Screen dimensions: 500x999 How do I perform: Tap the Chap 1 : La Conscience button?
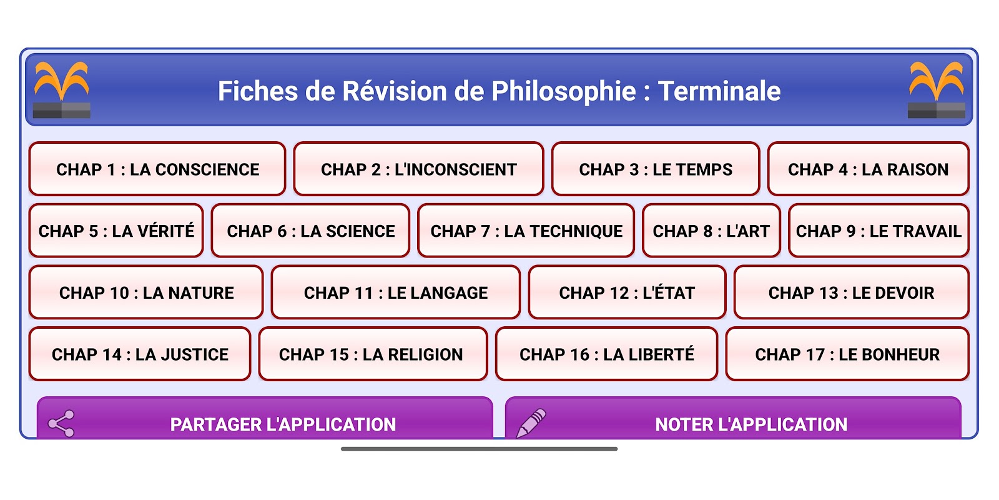point(157,169)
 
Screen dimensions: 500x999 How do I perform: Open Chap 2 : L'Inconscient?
point(418,169)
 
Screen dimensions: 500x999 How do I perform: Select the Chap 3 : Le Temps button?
point(656,169)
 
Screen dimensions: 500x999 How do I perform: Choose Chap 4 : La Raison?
point(868,169)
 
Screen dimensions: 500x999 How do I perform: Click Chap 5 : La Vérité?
point(116,231)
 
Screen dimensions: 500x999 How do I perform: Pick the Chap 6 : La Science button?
point(310,231)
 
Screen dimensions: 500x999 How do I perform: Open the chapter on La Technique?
point(526,231)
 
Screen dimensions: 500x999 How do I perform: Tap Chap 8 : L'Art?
point(711,231)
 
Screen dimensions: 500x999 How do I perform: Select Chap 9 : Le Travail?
point(878,231)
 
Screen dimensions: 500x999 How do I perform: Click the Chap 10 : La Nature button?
point(146,292)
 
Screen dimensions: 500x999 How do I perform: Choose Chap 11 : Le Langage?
point(396,292)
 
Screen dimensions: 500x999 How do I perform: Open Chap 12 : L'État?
point(627,292)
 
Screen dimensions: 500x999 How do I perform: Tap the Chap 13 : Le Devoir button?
point(851,292)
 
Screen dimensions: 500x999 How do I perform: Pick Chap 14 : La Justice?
point(140,354)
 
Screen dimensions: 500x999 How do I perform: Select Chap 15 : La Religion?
point(373,354)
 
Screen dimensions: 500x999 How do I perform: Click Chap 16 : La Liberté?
point(606,354)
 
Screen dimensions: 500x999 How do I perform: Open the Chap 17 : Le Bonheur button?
point(847,354)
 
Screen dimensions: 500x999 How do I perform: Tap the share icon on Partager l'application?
point(61,423)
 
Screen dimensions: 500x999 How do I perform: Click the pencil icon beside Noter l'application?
point(531,423)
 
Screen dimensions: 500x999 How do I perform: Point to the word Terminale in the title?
point(719,91)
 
